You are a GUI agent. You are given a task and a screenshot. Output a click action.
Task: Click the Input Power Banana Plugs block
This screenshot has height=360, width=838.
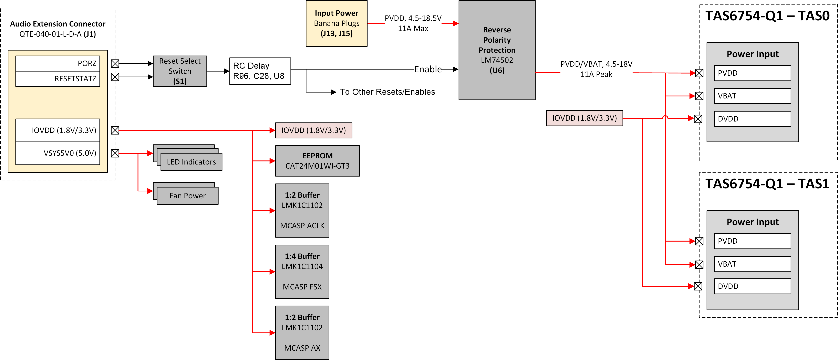[x=336, y=23]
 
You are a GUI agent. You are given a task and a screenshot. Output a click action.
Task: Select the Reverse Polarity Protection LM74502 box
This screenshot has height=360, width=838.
[x=497, y=50]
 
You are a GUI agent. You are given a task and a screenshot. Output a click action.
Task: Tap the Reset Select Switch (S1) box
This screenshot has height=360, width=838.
[x=180, y=71]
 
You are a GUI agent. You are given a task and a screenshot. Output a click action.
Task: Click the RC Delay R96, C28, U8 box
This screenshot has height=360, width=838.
[x=260, y=71]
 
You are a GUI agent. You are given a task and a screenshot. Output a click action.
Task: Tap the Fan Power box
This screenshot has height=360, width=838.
[x=187, y=196]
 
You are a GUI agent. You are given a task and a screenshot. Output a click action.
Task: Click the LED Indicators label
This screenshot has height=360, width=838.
[x=191, y=162]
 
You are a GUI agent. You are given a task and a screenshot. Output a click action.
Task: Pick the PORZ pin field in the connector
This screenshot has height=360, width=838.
[x=58, y=63]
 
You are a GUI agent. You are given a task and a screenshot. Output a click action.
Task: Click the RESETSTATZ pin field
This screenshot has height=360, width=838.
[x=58, y=79]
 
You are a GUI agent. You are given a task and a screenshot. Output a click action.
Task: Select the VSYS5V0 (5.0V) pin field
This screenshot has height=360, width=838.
[x=58, y=153]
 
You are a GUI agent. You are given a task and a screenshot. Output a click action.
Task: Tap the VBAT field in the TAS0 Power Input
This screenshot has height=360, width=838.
[x=752, y=96]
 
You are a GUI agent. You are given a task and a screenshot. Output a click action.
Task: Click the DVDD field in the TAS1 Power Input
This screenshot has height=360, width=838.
[x=752, y=286]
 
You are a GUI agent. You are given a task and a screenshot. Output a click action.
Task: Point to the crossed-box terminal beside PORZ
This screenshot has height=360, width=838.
[x=115, y=63]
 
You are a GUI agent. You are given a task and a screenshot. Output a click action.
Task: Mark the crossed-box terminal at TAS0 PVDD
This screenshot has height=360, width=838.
[x=699, y=73]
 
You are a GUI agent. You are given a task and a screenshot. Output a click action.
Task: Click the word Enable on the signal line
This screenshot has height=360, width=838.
[x=428, y=69]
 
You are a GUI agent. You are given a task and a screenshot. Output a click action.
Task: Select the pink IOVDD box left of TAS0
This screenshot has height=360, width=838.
[x=584, y=118]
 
